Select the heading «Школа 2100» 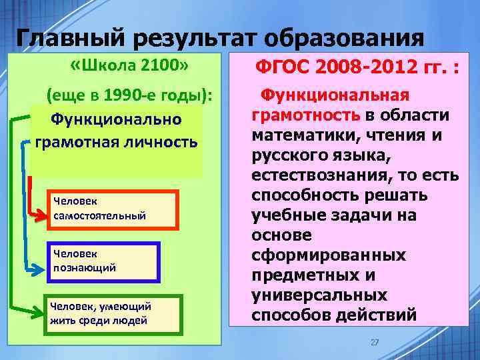(131, 67)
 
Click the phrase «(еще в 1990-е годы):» (129, 97)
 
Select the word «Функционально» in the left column (116, 119)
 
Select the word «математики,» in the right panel (305, 136)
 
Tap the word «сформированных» (329, 255)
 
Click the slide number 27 (374, 342)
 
